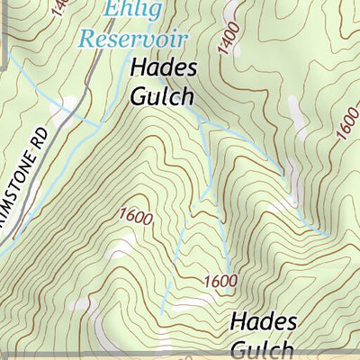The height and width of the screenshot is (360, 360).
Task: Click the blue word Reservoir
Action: tap(133, 39)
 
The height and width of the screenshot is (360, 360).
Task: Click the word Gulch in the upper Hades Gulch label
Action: tap(162, 95)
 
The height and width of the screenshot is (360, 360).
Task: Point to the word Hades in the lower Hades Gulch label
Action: tap(262, 321)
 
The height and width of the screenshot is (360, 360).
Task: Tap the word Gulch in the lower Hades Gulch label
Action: tap(262, 349)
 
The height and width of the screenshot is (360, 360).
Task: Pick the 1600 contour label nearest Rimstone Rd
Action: tap(135, 216)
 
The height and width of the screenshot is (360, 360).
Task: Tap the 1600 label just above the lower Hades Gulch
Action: tap(220, 281)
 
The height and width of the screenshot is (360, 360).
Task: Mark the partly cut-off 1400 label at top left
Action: tap(58, 8)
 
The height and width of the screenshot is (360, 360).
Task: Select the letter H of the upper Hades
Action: tap(138, 67)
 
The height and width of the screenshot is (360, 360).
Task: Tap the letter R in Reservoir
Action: tap(86, 39)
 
